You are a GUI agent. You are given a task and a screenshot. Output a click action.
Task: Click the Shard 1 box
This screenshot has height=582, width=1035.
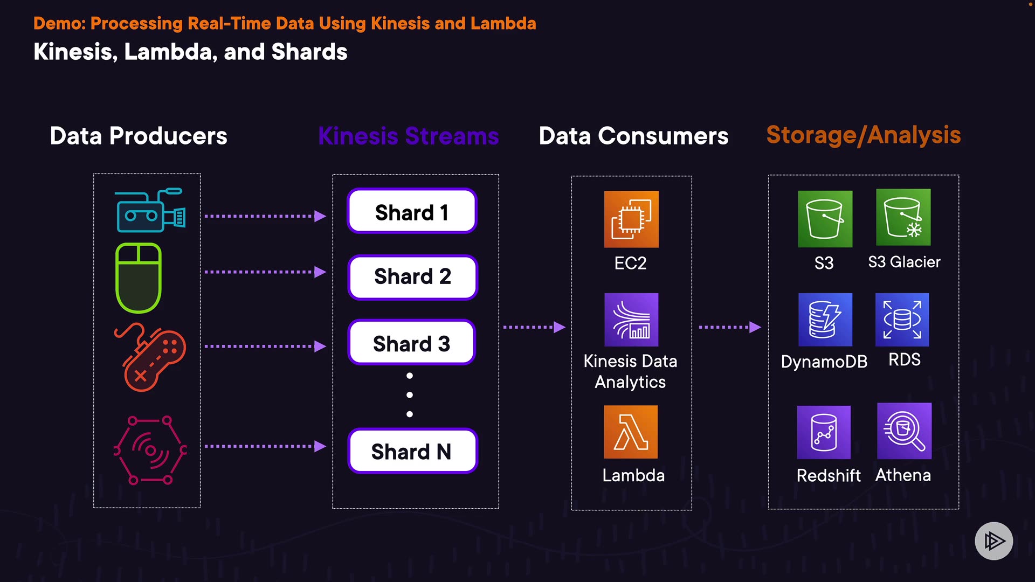(x=412, y=211)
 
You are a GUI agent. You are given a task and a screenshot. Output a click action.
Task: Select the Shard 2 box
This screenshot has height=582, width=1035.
(x=413, y=277)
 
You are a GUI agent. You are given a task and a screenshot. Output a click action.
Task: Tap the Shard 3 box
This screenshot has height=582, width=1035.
(x=412, y=343)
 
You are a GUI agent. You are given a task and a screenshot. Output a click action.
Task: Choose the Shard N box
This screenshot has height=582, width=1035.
(x=413, y=451)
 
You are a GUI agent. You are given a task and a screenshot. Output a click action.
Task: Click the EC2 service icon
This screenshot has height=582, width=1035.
(x=631, y=219)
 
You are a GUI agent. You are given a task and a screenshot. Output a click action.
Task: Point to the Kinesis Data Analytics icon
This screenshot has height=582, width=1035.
(x=631, y=320)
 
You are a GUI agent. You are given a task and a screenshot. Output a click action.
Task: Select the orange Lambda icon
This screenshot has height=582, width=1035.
(x=631, y=432)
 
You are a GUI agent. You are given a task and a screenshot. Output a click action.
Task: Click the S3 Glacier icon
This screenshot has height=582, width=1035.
(x=903, y=217)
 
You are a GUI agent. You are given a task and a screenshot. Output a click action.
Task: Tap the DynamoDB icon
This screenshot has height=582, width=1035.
(x=825, y=320)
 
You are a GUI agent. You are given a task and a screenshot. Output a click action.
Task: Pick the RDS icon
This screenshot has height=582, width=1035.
(x=902, y=320)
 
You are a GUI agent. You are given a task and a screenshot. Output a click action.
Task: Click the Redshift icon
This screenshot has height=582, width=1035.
(x=824, y=432)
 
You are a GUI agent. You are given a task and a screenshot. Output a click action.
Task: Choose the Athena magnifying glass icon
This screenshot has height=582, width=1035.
(x=905, y=431)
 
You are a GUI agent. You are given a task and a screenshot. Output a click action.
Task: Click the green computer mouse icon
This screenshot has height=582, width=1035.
(x=139, y=278)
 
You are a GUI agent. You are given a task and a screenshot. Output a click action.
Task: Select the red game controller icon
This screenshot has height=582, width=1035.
(x=150, y=357)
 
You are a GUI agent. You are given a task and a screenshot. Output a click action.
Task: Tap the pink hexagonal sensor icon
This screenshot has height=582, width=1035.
(x=150, y=450)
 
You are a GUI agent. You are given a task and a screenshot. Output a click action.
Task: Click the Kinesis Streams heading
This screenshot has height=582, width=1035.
(x=409, y=136)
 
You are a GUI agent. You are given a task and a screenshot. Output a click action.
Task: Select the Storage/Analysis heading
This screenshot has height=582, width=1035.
(x=864, y=135)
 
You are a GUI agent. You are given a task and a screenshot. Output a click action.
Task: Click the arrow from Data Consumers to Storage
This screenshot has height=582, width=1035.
(x=730, y=327)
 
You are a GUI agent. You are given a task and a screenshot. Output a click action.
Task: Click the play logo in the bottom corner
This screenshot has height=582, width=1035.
(x=994, y=541)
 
